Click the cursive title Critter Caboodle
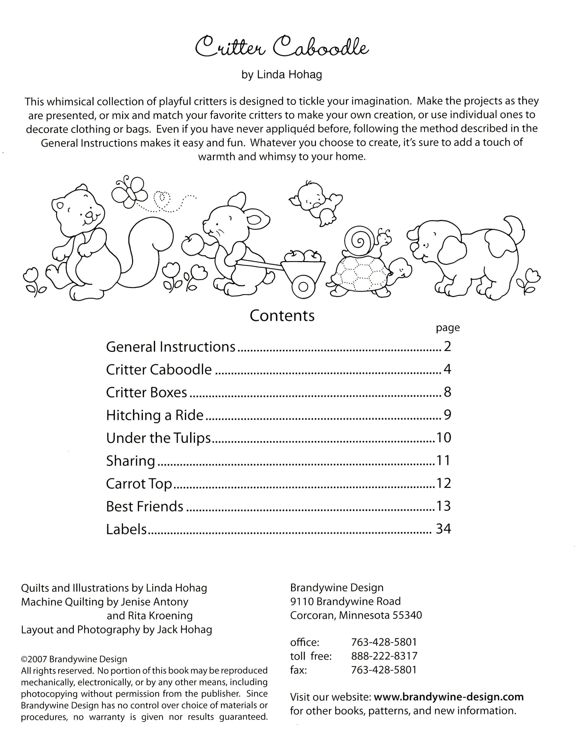point(282,48)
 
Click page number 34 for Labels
point(443,529)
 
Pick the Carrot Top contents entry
point(139,484)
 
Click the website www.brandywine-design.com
point(448,697)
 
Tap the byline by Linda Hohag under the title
point(282,75)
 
